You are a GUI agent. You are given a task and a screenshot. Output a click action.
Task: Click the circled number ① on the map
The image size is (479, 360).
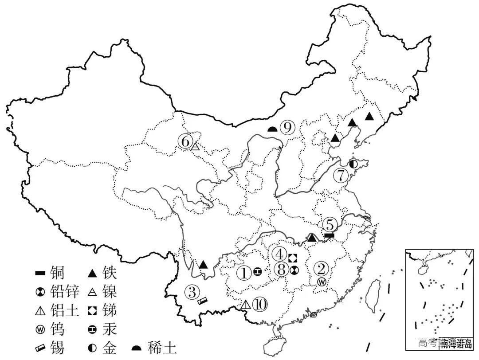(244, 272)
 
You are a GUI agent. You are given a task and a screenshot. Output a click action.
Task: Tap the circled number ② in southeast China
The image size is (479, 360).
(321, 268)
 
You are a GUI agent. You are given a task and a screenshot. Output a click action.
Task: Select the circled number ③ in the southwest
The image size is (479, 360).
(192, 291)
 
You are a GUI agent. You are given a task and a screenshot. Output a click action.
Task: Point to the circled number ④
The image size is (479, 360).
(280, 254)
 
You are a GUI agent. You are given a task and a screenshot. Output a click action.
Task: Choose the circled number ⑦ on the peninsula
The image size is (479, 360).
(341, 175)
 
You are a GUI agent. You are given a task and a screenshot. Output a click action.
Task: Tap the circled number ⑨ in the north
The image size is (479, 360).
(287, 128)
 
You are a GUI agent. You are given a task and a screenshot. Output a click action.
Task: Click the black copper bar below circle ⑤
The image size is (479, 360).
(329, 235)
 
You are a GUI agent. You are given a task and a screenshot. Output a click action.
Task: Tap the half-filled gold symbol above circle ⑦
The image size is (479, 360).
(353, 164)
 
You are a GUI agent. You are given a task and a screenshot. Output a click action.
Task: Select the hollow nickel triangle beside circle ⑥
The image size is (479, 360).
(195, 146)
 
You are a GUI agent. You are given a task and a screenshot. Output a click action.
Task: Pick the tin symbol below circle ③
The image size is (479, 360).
(202, 301)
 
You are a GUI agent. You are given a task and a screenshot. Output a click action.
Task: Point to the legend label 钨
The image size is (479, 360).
(58, 329)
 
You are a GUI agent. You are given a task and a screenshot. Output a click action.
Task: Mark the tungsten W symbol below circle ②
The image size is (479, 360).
(322, 281)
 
